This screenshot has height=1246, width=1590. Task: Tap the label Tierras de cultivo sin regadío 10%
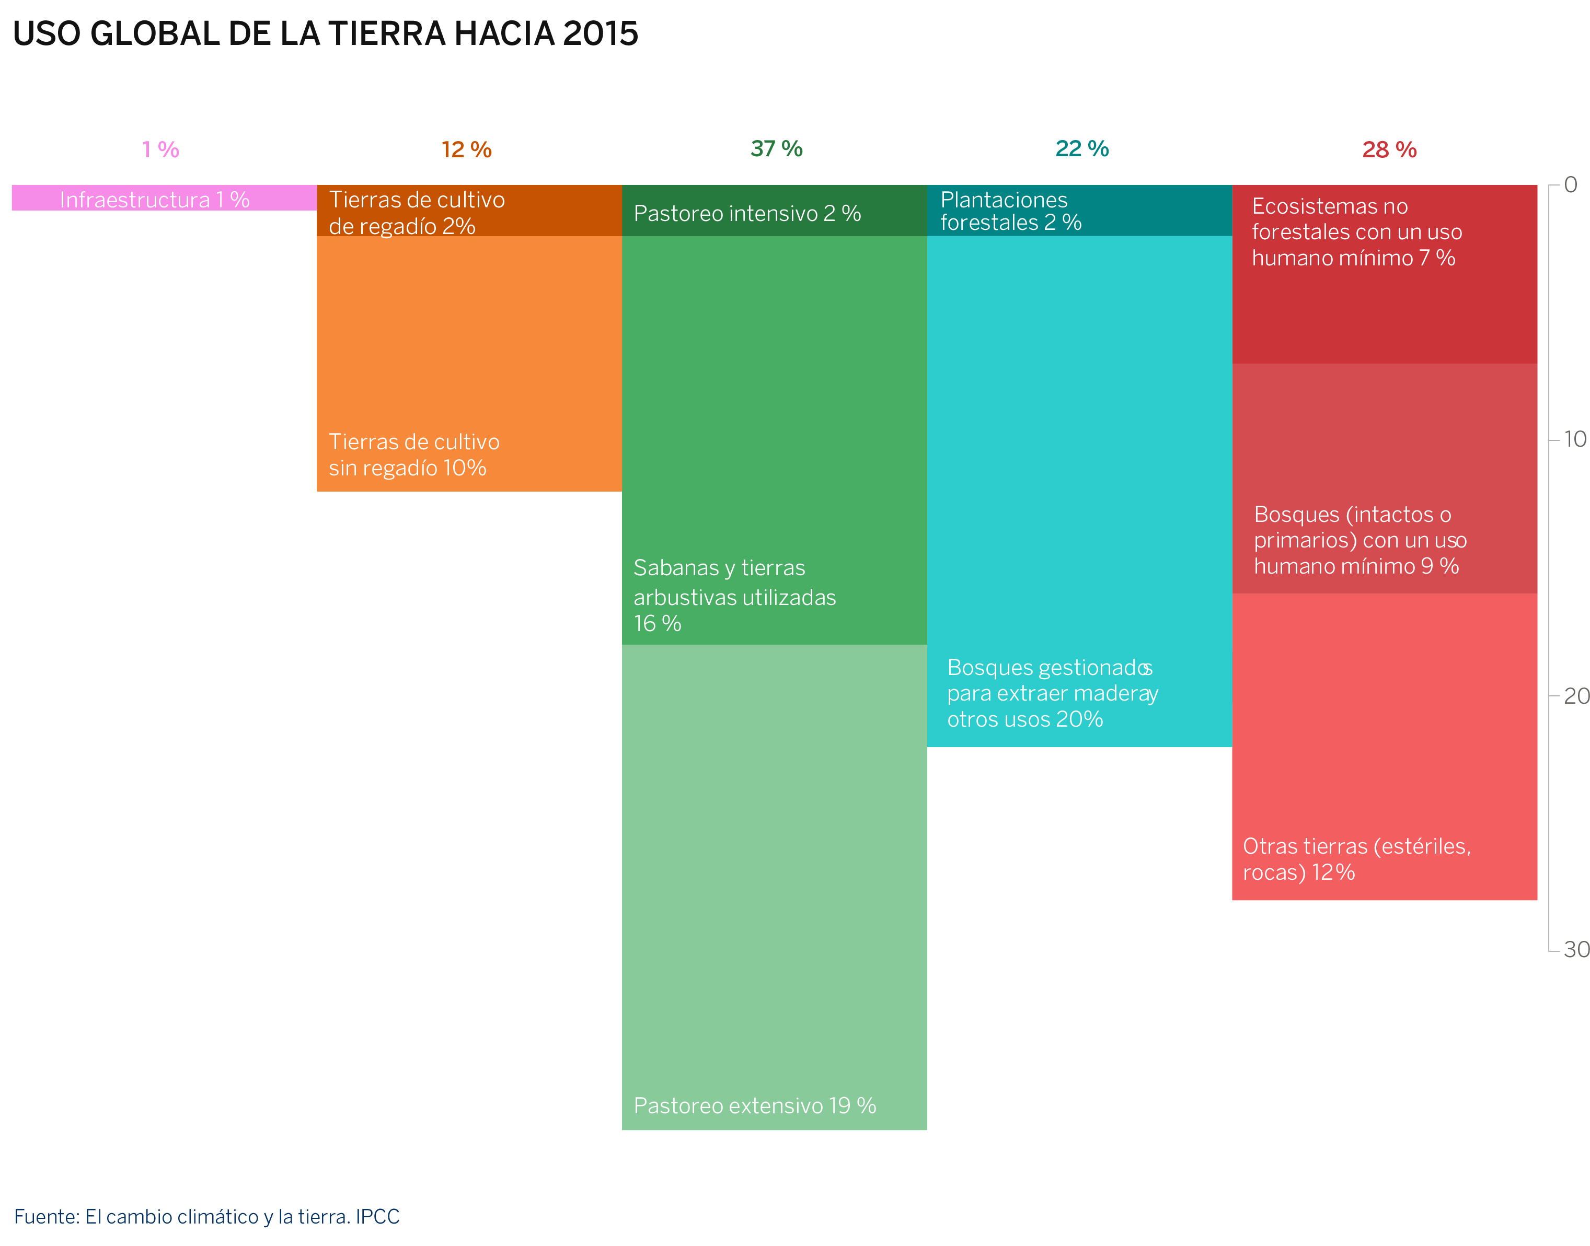click(x=414, y=455)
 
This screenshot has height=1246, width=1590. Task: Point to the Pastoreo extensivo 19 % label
click(x=755, y=1106)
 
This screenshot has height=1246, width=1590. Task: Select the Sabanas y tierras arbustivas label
click(x=733, y=595)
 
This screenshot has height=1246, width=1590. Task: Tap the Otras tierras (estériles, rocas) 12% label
click(x=1356, y=859)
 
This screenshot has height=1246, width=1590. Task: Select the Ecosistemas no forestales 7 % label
click(x=1356, y=232)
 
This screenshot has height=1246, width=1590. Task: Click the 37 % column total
click(x=776, y=149)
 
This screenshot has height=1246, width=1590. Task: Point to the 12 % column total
click(x=466, y=149)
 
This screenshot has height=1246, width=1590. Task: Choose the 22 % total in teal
click(x=1081, y=149)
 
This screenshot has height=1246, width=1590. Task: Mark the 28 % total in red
click(x=1389, y=149)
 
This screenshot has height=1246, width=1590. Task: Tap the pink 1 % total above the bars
click(x=160, y=149)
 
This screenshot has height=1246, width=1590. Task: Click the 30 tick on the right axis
click(x=1575, y=949)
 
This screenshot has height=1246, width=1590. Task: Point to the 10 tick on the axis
click(x=1575, y=439)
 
